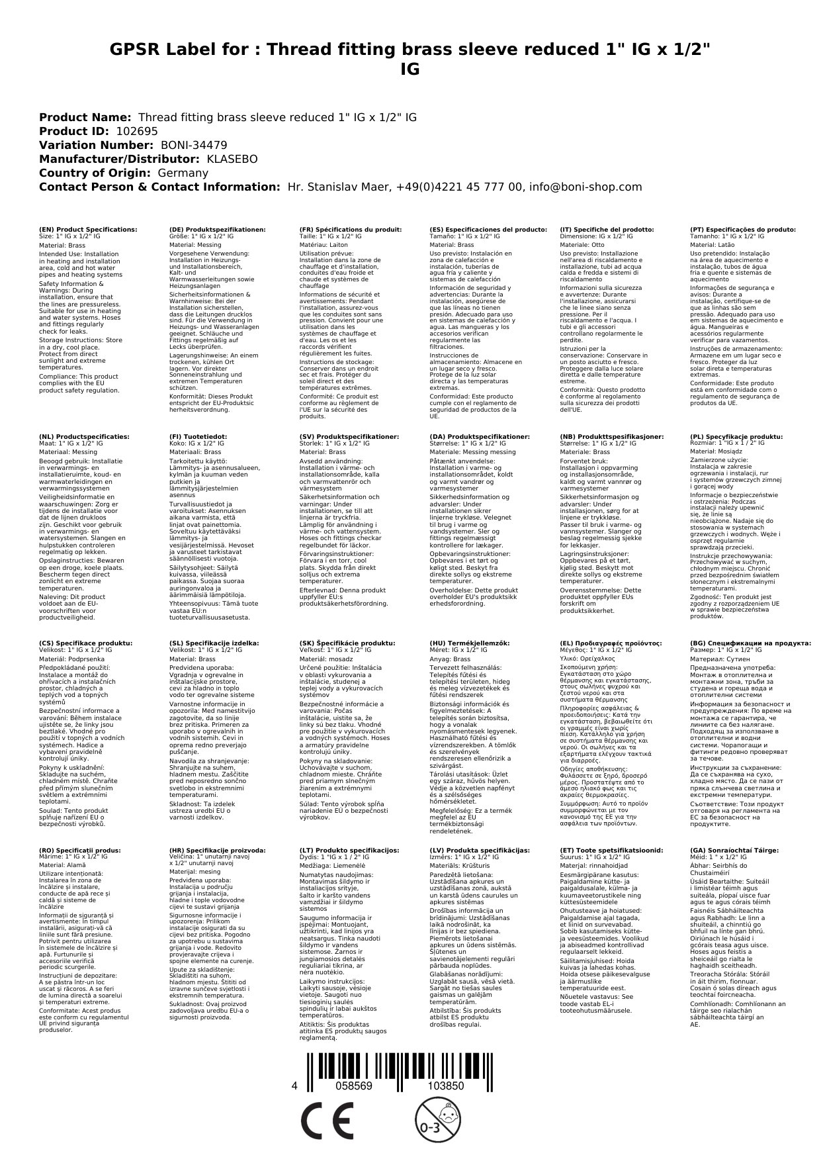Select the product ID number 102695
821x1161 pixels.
pyautogui.click(x=137, y=132)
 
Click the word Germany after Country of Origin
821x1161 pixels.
pyautogui.click(x=183, y=173)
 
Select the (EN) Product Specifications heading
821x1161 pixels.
pyautogui.click(x=88, y=230)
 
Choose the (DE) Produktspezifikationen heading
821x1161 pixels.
pyautogui.click(x=217, y=230)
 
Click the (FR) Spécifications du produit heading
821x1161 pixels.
pyautogui.click(x=350, y=230)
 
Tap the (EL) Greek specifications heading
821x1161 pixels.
pyautogui.click(x=610, y=643)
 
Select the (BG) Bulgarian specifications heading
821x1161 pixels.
pyautogui.click(x=750, y=643)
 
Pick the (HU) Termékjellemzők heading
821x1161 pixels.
pyautogui.click(x=470, y=643)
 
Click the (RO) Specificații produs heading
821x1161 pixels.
pyautogui.click(x=79, y=850)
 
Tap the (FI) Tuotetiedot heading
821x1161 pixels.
pyautogui.click(x=198, y=437)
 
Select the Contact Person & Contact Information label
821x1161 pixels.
pyautogui.click(x=159, y=187)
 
